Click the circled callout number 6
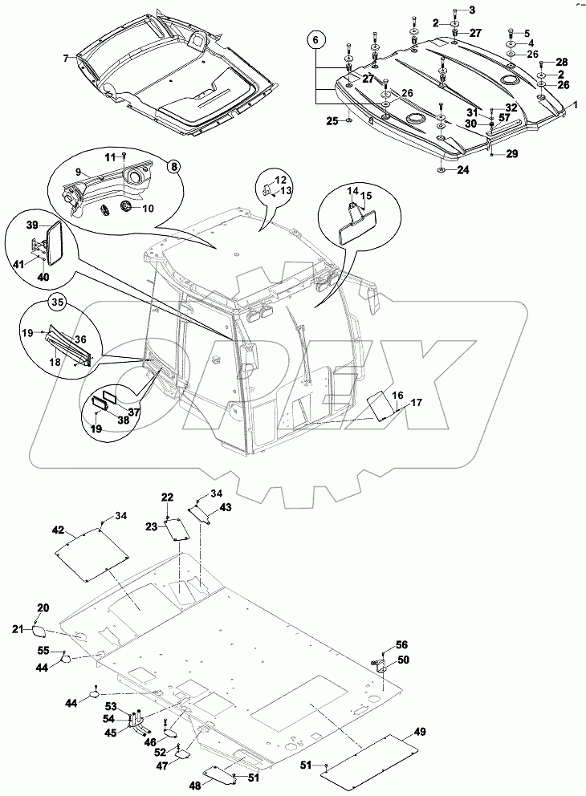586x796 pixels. tap(315, 39)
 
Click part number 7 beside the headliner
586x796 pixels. tap(67, 58)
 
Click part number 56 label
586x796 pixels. tap(401, 645)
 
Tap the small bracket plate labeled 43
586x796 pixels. tap(200, 512)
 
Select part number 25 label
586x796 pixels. tap(332, 120)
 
